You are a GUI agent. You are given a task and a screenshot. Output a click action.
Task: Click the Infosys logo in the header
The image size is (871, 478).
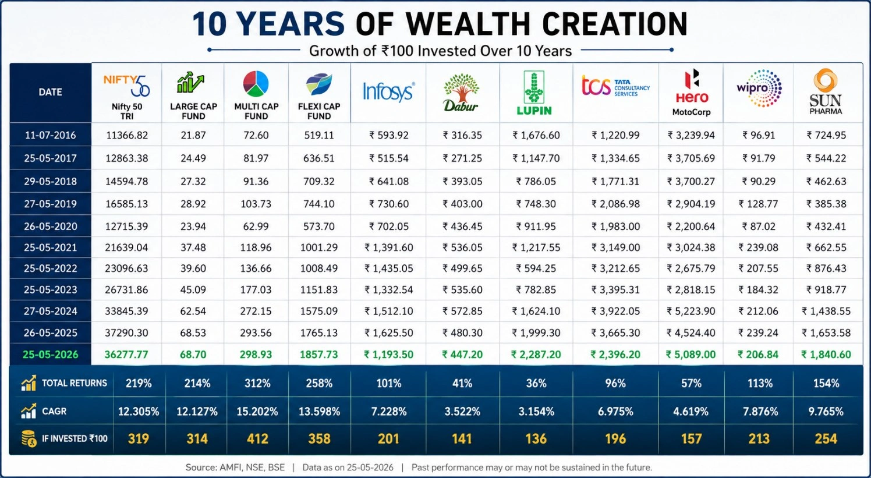point(388,92)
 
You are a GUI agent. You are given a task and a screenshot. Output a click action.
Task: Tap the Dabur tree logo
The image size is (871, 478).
point(461,92)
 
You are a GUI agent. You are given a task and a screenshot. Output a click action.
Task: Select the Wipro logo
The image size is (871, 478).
point(759,88)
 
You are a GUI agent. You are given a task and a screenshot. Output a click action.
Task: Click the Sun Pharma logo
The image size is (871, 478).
point(826,91)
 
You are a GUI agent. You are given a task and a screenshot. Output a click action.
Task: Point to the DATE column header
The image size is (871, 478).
point(50,92)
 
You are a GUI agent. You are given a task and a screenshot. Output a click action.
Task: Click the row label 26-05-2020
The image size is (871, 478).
point(51,226)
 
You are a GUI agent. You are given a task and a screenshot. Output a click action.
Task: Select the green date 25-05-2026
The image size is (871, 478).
point(50,355)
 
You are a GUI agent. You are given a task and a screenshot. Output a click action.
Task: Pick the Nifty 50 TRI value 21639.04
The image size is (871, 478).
point(126,247)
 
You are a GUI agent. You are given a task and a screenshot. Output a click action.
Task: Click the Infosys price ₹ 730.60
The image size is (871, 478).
point(389,204)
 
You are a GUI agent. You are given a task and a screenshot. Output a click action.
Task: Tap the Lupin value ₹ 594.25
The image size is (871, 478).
point(536,268)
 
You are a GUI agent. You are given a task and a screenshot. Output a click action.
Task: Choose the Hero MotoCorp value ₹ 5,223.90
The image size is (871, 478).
point(691,311)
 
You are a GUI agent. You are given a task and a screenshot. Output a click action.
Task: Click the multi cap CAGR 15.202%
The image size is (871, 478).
point(257,412)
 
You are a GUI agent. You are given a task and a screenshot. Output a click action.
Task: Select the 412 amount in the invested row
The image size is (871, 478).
point(257,439)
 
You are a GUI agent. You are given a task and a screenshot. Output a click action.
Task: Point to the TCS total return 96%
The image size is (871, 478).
point(615,384)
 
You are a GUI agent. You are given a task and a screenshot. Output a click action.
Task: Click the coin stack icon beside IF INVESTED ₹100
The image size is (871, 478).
point(29,439)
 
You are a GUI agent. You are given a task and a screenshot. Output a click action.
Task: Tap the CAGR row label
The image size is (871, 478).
point(54,411)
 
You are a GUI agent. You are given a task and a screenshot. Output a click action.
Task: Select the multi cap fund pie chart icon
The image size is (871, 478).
point(256,84)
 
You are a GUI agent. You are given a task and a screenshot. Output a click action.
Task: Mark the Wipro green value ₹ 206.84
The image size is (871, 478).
point(758,355)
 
